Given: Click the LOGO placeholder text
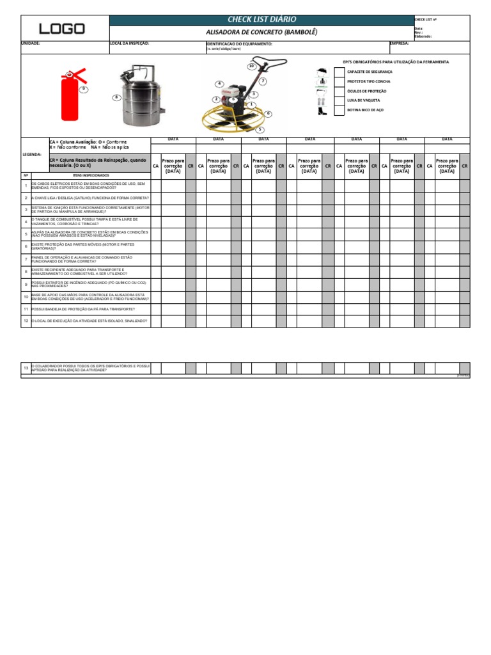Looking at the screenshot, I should coord(62,29).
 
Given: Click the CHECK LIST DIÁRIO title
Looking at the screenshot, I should coord(261,20).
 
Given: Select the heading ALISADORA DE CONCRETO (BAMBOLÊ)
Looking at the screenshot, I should coord(261,32).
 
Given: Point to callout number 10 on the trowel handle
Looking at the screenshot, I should coord(251,66).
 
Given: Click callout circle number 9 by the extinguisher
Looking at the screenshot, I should coord(82,90).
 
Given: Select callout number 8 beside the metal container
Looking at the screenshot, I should coord(116,97).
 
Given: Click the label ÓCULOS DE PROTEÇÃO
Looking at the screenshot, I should coord(366,91).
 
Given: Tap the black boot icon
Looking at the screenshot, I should coord(322,111).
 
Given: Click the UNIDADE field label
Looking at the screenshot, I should coord(31,43).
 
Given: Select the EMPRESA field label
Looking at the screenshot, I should coord(399,43).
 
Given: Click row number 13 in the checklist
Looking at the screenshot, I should coord(26,368).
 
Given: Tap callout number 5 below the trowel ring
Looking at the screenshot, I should coord(260,129).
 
